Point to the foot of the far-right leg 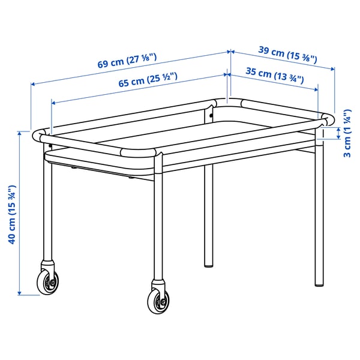[318, 283]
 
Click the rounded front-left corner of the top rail [41, 134]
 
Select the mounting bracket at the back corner [212, 110]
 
